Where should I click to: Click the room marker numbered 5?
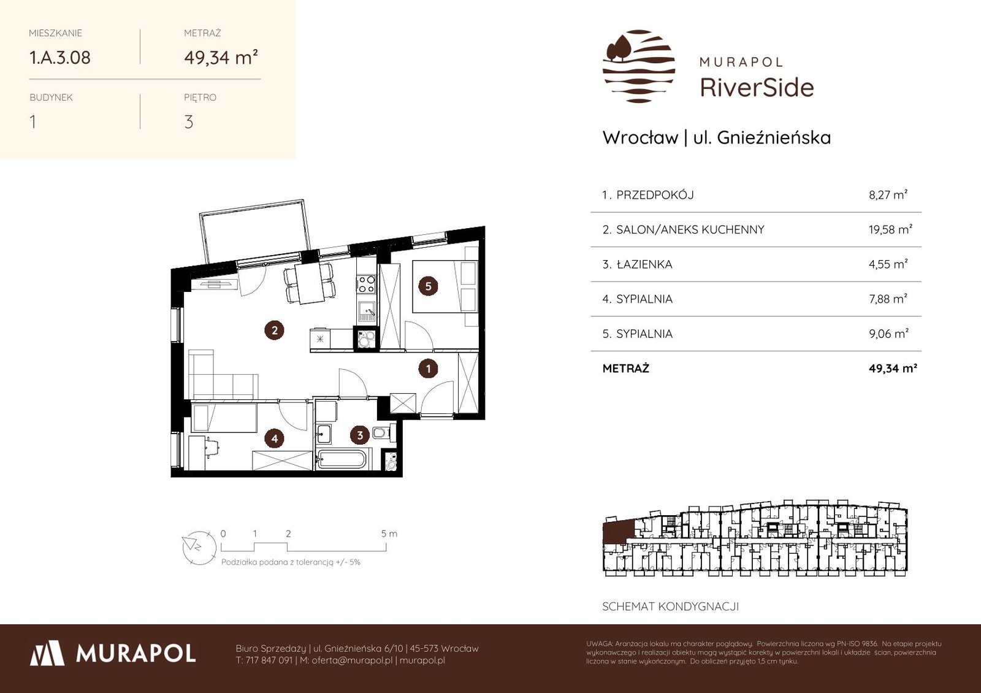click(428, 286)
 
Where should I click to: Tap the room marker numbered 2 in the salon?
click(274, 331)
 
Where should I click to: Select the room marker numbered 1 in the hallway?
click(428, 369)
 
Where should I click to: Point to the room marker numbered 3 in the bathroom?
click(359, 435)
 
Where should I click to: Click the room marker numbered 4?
click(274, 438)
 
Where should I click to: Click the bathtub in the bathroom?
click(341, 459)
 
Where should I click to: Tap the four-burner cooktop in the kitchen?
click(365, 284)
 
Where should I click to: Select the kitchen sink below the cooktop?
click(367, 312)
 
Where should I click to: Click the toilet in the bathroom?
click(381, 433)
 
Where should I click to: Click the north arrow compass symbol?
click(199, 548)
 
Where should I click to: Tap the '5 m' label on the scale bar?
click(389, 534)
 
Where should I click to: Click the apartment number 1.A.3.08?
click(59, 58)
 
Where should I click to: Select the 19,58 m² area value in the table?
click(890, 229)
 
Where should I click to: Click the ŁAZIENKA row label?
click(644, 264)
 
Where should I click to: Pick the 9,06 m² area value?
click(888, 334)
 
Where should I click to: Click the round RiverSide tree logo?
click(638, 66)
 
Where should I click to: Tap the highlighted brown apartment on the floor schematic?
click(617, 530)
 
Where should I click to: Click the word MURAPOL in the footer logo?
click(136, 654)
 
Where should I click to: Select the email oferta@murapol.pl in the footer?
click(352, 660)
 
